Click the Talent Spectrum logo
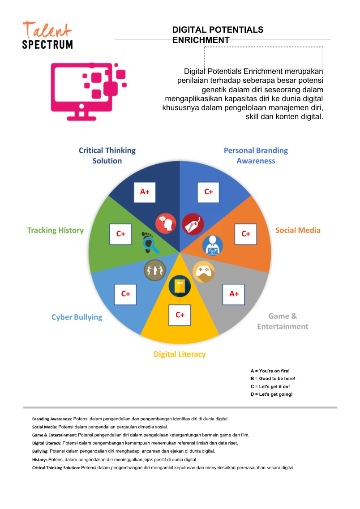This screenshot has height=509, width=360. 47,35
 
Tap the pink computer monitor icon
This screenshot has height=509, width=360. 88,91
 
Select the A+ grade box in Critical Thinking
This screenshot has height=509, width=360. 145,192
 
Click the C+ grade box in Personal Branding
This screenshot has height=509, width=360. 208,192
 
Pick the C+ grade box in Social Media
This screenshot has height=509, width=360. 246,234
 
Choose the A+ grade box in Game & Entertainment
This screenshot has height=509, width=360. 234,294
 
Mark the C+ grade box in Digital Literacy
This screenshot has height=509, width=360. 180,315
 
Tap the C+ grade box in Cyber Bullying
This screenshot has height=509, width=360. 125,294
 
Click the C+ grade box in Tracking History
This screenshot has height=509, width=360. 120,234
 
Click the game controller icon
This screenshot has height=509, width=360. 204,271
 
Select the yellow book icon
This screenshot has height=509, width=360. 180,286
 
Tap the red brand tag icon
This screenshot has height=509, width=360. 193,224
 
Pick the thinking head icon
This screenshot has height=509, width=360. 166,224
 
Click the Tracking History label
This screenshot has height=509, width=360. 56,230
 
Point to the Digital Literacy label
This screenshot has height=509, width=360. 180,354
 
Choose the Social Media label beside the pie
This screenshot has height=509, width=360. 298,230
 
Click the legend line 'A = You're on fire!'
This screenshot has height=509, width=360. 270,371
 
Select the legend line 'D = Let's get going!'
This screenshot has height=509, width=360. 272,394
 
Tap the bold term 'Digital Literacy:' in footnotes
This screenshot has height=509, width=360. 47,443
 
